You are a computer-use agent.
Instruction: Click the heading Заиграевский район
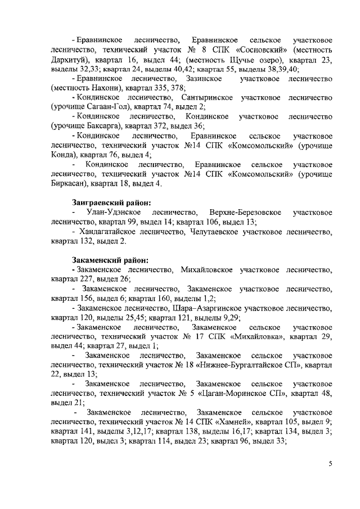112,202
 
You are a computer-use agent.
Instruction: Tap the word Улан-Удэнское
114,213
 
